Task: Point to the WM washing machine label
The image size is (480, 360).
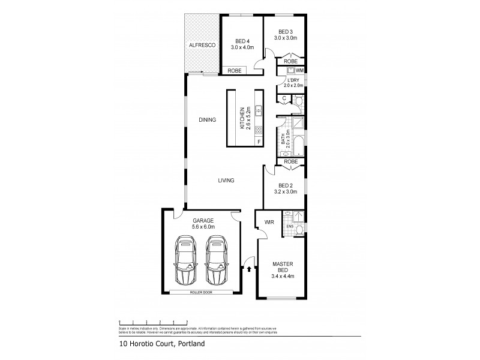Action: pos(299,71)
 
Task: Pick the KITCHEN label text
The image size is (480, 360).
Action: pos(244,119)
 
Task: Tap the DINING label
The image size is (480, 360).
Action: pos(208,120)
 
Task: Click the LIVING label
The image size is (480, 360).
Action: pos(226,180)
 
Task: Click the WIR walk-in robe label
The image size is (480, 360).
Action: pos(268,222)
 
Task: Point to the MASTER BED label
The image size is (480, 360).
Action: pos(281,267)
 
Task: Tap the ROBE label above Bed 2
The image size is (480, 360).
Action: pos(290,161)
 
